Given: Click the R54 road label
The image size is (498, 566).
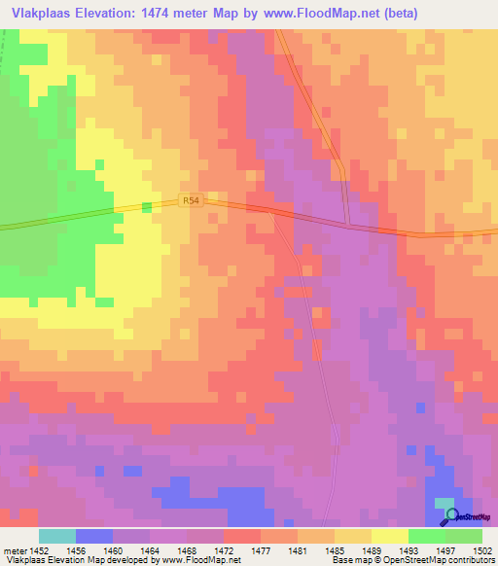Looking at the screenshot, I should (191, 201).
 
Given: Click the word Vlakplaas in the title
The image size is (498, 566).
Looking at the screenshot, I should (42, 13).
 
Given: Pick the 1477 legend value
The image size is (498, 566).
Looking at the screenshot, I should (260, 549).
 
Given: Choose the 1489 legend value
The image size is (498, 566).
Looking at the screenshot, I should (371, 549).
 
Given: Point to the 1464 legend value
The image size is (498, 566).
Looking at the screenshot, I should (150, 549).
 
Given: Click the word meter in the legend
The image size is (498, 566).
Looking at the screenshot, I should (15, 549).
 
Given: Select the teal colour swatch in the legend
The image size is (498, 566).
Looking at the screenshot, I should (57, 536).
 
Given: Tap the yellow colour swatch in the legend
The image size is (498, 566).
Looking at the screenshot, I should (389, 536).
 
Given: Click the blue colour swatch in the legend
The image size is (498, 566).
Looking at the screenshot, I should (94, 536).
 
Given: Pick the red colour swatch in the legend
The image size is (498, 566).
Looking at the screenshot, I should (242, 536).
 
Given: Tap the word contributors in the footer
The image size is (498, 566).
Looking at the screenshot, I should (469, 561).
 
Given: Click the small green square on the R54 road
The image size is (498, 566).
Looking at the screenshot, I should (148, 207).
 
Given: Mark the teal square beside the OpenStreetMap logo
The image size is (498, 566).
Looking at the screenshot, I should (445, 514).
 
